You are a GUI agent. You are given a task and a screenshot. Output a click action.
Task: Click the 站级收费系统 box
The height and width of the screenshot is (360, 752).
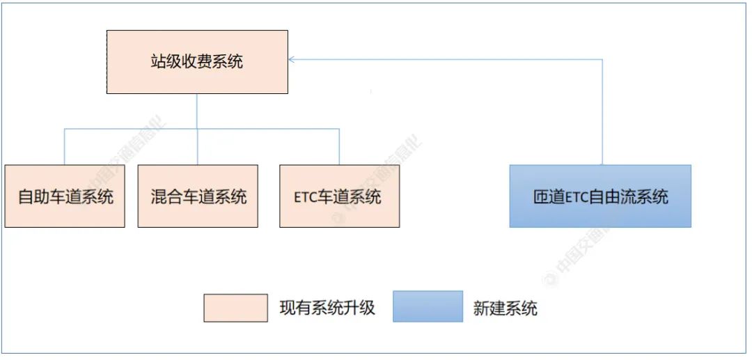[197, 62]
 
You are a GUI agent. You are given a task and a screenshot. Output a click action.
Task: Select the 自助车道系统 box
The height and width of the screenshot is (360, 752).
[65, 196]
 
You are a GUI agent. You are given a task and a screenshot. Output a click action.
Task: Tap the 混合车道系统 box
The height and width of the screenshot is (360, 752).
[198, 196]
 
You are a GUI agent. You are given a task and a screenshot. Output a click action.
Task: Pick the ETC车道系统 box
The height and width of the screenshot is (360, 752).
[339, 196]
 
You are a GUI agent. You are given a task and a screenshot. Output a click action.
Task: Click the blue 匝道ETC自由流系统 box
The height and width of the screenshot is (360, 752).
[600, 196]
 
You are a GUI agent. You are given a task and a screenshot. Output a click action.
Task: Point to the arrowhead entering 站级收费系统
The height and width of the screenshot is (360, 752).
[292, 60]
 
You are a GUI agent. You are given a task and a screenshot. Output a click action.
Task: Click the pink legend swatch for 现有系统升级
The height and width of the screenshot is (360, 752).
[235, 308]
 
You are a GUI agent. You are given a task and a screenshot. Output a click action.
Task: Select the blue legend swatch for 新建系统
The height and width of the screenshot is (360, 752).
[428, 306]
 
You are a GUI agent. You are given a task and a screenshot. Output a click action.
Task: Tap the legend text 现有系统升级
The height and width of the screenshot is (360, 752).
[327, 308]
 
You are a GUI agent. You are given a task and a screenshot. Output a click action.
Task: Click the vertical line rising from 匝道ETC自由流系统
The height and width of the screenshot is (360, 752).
[602, 111]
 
